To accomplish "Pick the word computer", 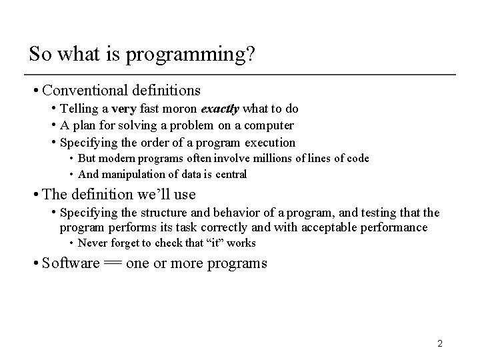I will (x=269, y=125).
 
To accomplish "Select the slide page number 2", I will (x=440, y=344).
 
